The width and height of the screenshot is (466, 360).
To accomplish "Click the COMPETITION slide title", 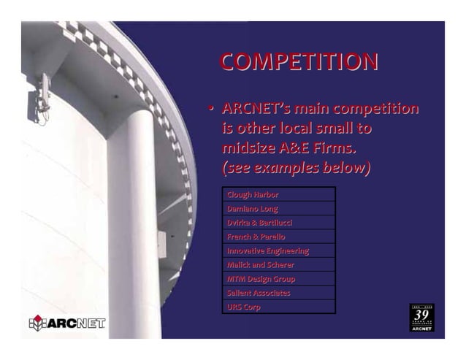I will [x=299, y=61].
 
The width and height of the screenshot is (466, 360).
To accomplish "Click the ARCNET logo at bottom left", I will [x=67, y=323].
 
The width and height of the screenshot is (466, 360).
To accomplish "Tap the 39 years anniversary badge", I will [x=421, y=318].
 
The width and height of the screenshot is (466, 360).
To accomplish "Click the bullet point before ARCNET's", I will [x=210, y=110].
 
